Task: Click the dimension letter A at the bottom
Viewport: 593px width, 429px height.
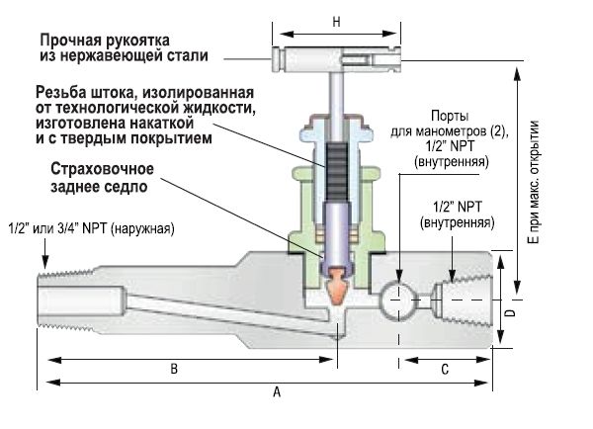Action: coord(277,391)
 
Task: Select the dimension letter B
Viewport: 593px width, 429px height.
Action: coord(173,368)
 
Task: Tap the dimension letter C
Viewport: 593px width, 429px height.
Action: coord(445,368)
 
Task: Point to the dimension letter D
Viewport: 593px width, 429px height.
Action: coord(510,314)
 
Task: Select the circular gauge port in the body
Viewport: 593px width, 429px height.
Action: coord(399,297)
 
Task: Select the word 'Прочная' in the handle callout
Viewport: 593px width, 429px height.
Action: coord(70,43)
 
